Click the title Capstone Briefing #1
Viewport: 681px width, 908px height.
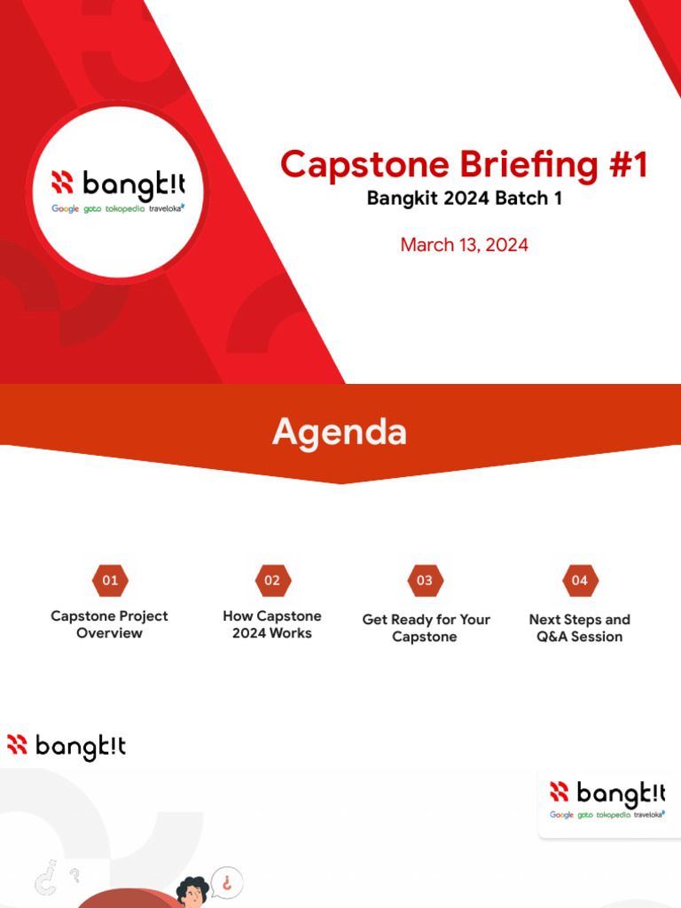pyautogui.click(x=464, y=165)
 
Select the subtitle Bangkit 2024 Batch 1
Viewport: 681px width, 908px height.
pyautogui.click(x=464, y=199)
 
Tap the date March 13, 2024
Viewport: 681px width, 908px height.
pyautogui.click(x=464, y=245)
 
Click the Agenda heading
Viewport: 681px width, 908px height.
pyautogui.click(x=340, y=433)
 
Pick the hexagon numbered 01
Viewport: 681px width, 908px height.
pyautogui.click(x=110, y=581)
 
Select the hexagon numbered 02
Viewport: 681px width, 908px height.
pyautogui.click(x=272, y=581)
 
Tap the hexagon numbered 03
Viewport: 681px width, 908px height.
pyautogui.click(x=425, y=581)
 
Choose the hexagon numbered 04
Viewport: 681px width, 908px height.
pyautogui.click(x=579, y=581)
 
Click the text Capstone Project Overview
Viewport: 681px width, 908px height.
pyautogui.click(x=109, y=624)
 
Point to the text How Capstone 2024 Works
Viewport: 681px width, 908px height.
pyautogui.click(x=272, y=624)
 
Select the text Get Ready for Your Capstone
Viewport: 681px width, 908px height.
pyautogui.click(x=426, y=628)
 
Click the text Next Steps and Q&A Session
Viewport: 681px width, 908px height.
pyautogui.click(x=579, y=628)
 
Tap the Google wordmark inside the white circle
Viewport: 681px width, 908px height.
pyautogui.click(x=65, y=209)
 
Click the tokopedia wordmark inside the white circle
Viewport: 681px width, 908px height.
pyautogui.click(x=125, y=209)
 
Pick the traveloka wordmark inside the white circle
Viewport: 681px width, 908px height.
pyautogui.click(x=167, y=208)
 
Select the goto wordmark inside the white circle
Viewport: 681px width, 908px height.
pyautogui.click(x=92, y=209)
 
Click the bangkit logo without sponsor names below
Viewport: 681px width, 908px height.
pyautogui.click(x=67, y=747)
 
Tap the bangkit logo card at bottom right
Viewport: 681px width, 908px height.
pyautogui.click(x=607, y=801)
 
